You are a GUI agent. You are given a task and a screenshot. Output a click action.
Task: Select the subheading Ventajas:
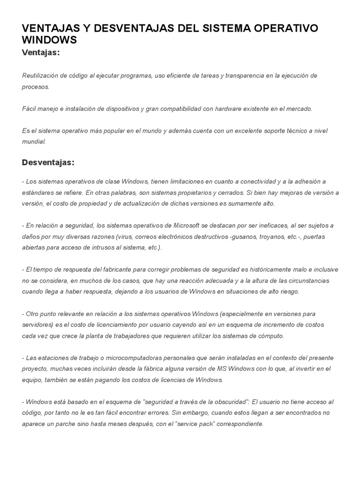pyautogui.click(x=41, y=52)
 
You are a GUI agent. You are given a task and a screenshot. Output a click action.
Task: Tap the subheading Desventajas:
pyautogui.click(x=48, y=162)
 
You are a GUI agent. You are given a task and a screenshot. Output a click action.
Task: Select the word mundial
pyautogui.click(x=34, y=142)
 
